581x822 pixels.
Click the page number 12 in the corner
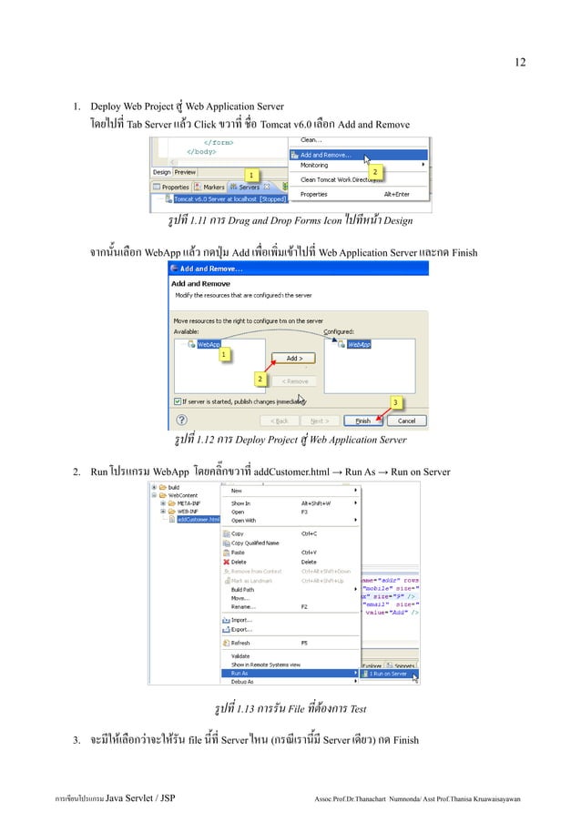point(519,63)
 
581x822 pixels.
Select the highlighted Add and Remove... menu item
point(326,155)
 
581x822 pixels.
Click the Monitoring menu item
point(315,165)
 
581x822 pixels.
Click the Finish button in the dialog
point(363,421)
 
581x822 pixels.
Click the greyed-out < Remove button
point(294,381)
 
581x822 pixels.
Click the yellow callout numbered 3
point(396,401)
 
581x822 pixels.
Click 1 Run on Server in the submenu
point(386,674)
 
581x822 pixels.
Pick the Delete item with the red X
point(238,562)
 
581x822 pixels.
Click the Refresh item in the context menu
point(242,642)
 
